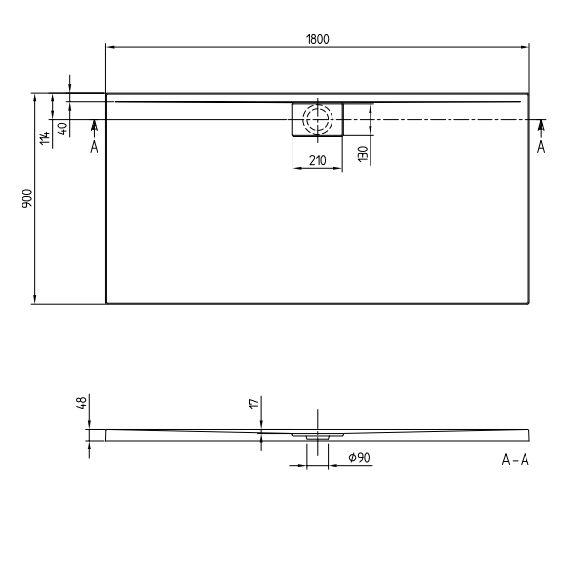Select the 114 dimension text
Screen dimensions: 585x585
coord(45,137)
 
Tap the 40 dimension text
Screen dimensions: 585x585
coord(62,129)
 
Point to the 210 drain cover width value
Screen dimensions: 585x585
coord(317,161)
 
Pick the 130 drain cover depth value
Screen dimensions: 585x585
coord(363,153)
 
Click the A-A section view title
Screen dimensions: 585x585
coord(515,459)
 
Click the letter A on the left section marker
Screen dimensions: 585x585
coord(94,146)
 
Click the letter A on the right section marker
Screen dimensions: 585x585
coord(541,146)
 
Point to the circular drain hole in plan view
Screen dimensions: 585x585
coord(317,120)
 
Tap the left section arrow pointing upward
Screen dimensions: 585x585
coord(94,125)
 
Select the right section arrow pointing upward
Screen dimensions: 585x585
coord(541,125)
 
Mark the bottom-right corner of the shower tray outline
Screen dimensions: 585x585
coord(529,303)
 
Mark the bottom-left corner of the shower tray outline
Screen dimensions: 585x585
coord(106,303)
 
